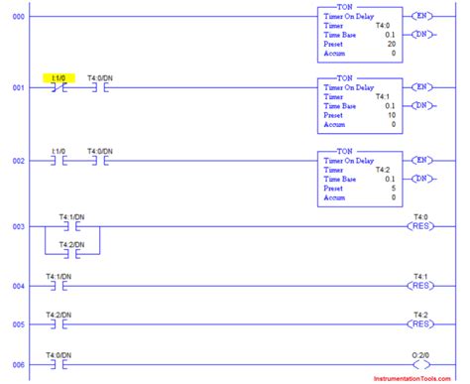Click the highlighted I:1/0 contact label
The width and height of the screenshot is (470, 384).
(x=59, y=77)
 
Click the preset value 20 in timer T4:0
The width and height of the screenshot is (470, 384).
(x=393, y=46)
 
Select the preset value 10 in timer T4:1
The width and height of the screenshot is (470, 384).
(x=393, y=115)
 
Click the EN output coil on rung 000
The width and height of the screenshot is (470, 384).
(x=424, y=17)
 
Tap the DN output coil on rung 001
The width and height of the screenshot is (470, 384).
(x=424, y=106)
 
